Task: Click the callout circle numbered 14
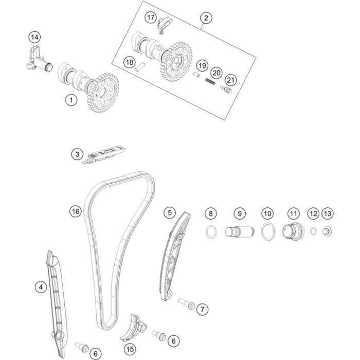(x=34, y=37)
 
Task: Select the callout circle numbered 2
(x=206, y=19)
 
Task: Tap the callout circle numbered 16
(x=76, y=211)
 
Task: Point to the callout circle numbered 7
(x=202, y=309)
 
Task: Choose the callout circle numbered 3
(x=77, y=154)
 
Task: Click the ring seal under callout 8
(x=210, y=232)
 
